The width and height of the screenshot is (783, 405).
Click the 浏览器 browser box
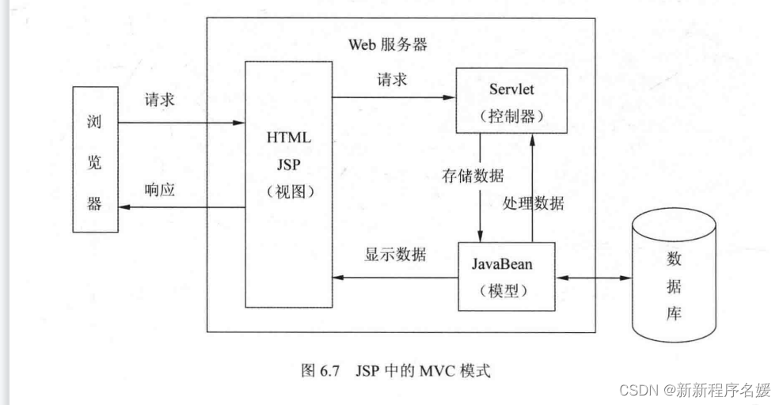[95, 160]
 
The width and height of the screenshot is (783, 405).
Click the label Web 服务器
[388, 44]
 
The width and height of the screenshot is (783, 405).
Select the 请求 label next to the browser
[159, 100]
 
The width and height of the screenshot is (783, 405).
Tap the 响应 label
[159, 190]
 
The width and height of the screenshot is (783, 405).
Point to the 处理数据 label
[534, 202]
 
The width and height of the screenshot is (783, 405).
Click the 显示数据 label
[395, 255]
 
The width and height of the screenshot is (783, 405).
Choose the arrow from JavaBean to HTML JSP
[395, 277]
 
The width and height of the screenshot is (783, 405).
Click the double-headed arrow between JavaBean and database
[593, 278]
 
